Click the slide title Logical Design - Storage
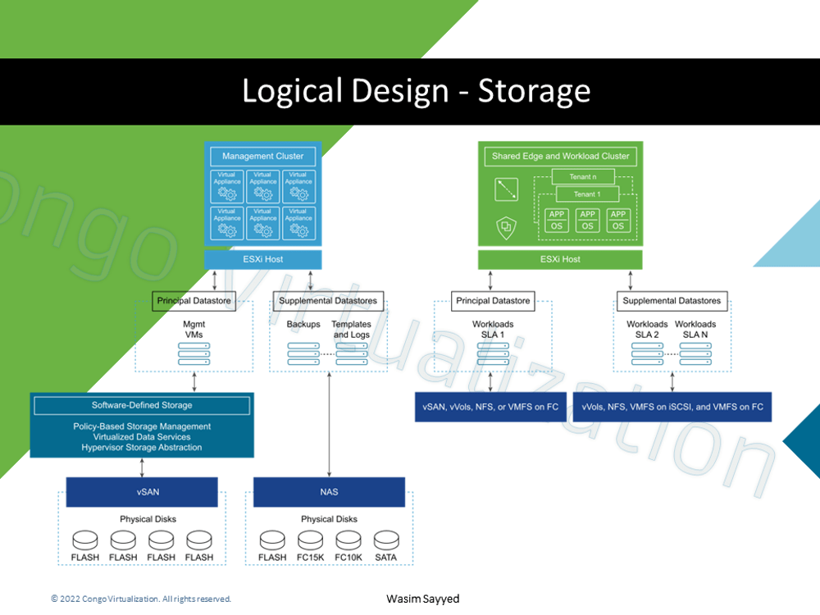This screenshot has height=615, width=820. coord(416,90)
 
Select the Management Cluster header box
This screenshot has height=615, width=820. coord(262,156)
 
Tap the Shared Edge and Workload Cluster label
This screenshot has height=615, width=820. coord(561,156)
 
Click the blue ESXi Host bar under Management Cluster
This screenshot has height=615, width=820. coord(262,259)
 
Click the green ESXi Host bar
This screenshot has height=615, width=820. coord(561,259)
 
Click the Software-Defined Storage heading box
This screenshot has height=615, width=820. coord(142,405)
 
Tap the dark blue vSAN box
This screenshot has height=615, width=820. coord(142,492)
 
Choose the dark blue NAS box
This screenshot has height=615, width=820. coord(329,492)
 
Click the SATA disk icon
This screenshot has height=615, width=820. coord(385,541)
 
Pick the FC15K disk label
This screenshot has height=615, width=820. coord(311,558)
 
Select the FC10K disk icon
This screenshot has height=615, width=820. coord(348,541)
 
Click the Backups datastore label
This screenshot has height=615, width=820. coord(303,325)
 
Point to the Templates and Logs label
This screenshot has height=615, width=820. coord(351,330)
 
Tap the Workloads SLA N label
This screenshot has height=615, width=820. coord(695,330)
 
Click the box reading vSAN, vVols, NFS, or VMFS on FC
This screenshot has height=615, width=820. coord(490,407)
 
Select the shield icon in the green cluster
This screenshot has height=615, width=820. coord(506,225)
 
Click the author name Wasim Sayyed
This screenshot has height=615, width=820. coord(422,599)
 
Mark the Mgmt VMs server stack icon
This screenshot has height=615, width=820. coord(194,353)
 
